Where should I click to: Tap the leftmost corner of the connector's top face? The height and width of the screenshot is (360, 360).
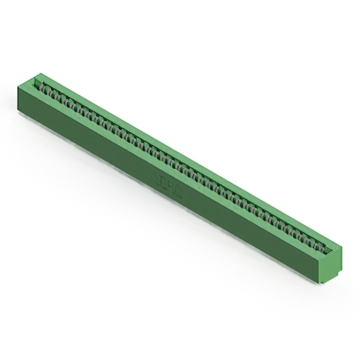[17, 85]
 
